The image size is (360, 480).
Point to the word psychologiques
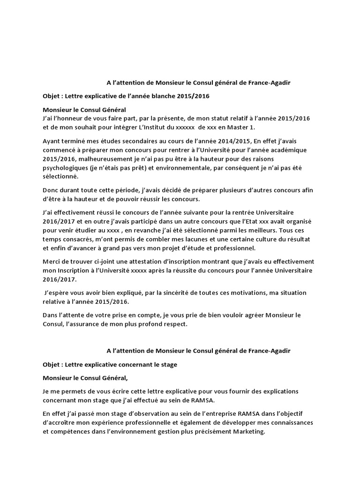[64, 168]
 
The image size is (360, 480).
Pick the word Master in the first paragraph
[235, 127]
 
